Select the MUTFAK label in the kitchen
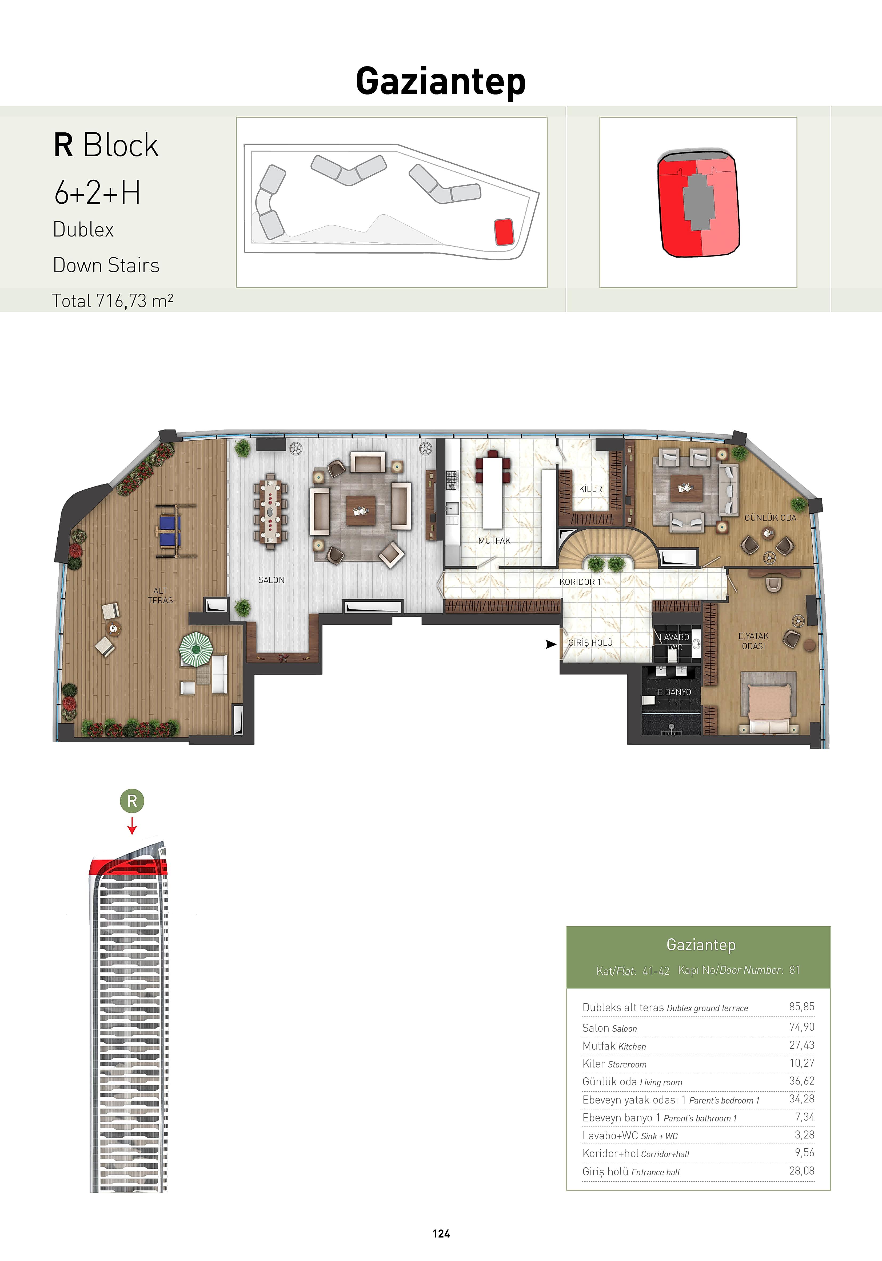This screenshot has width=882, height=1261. click(494, 541)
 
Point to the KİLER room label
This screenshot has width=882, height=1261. click(590, 489)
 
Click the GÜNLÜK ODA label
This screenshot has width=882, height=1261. click(770, 518)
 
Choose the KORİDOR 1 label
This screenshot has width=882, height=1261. click(580, 582)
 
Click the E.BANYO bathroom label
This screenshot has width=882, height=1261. click(675, 692)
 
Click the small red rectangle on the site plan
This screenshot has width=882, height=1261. click(504, 232)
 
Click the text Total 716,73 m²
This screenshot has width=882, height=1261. click(113, 301)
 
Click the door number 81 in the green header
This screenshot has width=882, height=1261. click(794, 970)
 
